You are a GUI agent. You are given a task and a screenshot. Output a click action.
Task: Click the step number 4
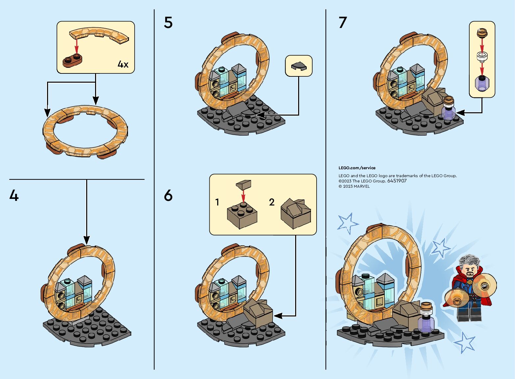coord(14,196)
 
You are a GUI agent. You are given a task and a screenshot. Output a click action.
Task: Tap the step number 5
coord(168,22)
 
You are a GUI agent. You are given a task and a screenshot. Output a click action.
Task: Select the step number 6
coord(168,196)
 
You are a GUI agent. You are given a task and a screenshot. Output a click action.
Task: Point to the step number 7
coord(343,22)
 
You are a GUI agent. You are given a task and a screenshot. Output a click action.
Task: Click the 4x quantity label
coord(123,64)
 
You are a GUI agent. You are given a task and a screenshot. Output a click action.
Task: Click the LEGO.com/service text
coord(357,168)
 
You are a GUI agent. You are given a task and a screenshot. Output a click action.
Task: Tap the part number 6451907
coord(397,181)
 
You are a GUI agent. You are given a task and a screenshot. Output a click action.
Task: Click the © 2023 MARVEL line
coord(354,186)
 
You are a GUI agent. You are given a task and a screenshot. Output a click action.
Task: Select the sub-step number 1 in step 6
coord(217,202)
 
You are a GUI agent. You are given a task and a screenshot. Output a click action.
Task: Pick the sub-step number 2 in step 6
coord(271,202)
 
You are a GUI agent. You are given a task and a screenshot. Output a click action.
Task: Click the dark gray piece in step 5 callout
coord(299,66)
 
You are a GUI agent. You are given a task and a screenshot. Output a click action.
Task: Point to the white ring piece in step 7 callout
coord(482,57)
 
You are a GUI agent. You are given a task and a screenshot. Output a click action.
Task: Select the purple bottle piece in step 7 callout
coord(482,83)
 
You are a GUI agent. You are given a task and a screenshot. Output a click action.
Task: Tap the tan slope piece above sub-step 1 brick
coord(244,184)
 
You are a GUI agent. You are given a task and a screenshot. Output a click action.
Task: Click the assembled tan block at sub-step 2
coord(296,213)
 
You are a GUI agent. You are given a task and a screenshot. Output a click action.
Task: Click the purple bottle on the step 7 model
coord(449,111)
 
